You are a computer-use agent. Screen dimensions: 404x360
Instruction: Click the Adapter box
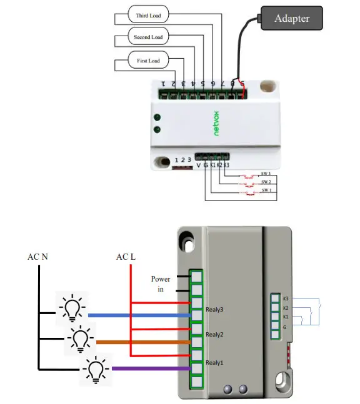click(292, 18)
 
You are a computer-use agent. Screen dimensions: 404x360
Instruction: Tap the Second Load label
click(148, 37)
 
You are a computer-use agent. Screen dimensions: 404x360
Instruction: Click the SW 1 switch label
click(266, 190)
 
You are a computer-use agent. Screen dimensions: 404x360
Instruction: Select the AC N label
click(37, 257)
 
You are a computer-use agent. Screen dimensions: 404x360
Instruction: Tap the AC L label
click(126, 257)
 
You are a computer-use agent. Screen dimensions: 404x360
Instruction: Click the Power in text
click(160, 283)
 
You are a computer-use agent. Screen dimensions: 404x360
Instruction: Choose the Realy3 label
click(214, 309)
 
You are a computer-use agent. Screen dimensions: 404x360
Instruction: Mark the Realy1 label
click(214, 363)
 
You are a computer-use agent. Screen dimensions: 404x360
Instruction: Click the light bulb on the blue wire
click(72, 308)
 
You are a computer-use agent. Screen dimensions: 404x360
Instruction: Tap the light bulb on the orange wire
click(80, 339)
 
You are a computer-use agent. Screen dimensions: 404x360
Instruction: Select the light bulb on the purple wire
click(95, 369)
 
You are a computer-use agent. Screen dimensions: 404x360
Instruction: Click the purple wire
click(150, 369)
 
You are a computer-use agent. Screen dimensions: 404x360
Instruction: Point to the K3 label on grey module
click(286, 298)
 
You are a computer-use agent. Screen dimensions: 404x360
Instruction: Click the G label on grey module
click(285, 327)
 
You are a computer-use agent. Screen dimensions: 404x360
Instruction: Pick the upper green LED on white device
click(158, 117)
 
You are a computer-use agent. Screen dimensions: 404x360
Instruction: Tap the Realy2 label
click(214, 335)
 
